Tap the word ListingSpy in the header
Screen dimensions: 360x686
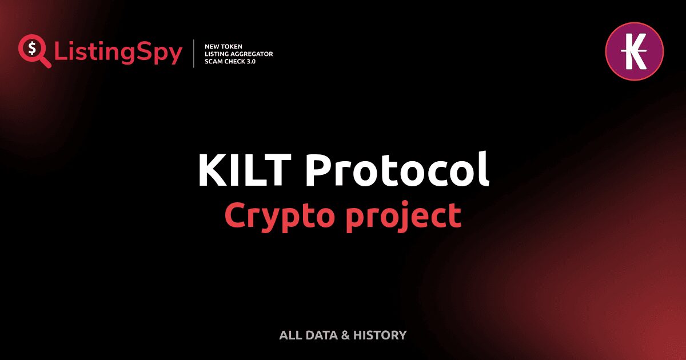click(118, 53)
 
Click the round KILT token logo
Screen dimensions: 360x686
click(634, 51)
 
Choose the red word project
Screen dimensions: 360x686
click(404, 217)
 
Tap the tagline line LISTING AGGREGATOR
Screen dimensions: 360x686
click(238, 54)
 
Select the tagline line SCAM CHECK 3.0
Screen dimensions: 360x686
click(230, 61)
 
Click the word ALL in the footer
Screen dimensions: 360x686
click(290, 335)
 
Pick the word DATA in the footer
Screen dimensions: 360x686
click(321, 335)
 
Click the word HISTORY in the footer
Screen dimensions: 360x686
click(380, 335)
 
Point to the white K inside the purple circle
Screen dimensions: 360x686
click(634, 51)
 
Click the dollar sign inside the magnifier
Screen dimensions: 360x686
click(31, 47)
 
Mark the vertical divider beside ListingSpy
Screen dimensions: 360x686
click(194, 54)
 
